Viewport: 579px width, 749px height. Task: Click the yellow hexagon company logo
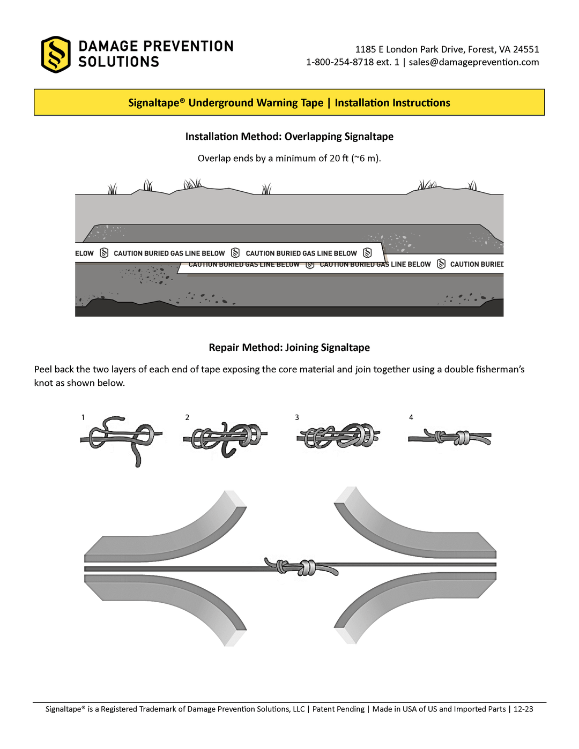(56, 55)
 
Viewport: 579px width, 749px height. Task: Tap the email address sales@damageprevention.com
(473, 62)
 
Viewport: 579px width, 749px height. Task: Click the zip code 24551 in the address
(526, 49)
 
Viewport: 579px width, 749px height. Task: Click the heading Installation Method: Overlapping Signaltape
(289, 137)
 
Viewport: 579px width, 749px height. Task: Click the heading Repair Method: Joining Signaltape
(289, 348)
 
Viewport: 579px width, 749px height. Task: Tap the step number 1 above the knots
(83, 417)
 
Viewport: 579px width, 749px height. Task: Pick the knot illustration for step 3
(338, 436)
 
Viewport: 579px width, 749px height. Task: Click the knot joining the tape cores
(300, 567)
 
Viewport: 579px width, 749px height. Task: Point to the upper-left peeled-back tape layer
(166, 530)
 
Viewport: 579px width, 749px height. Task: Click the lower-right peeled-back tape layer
(413, 600)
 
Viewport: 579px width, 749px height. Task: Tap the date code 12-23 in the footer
(523, 709)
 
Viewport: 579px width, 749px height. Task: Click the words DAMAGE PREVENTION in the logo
(156, 47)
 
